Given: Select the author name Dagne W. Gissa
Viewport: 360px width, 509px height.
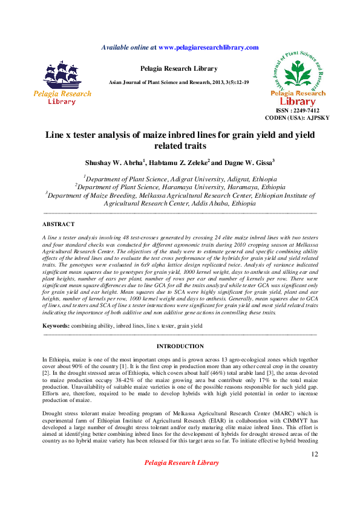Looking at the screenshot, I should click(248, 163).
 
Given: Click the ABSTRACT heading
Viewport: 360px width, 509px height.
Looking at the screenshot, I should click(59, 224).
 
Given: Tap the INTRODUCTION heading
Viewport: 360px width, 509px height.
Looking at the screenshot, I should click(180, 346).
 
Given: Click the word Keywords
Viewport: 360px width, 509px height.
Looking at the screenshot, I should click(56, 326).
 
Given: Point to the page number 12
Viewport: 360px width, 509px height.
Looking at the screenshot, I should click(314, 454).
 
